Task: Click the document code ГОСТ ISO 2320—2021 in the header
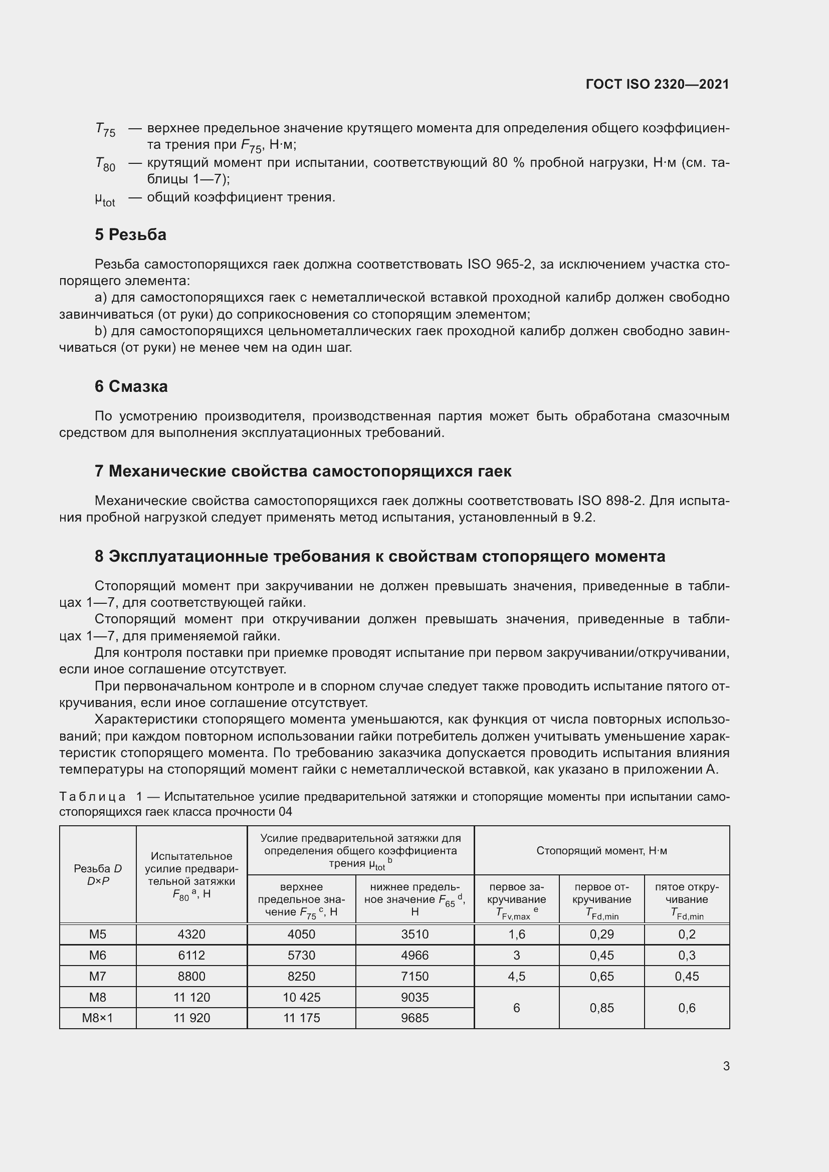pyautogui.click(x=658, y=84)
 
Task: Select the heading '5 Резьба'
pyautogui.click(x=130, y=235)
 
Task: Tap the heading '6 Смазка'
pyautogui.click(x=131, y=386)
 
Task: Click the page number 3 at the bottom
pyautogui.click(x=726, y=1066)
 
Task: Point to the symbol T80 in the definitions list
pyautogui.click(x=105, y=164)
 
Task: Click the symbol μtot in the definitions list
pyautogui.click(x=105, y=199)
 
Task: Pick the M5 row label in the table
pyautogui.click(x=98, y=934)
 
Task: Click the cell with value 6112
pyautogui.click(x=191, y=955)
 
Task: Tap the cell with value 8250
pyautogui.click(x=301, y=976)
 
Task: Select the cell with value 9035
pyautogui.click(x=414, y=997)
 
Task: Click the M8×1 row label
pyautogui.click(x=98, y=1018)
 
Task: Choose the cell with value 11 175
pyautogui.click(x=301, y=1018)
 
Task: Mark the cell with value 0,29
pyautogui.click(x=601, y=934)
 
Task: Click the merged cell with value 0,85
pyautogui.click(x=601, y=1008)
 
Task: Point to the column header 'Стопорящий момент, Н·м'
pyautogui.click(x=601, y=850)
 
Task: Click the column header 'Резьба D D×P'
pyautogui.click(x=98, y=874)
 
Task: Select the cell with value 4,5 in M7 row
pyautogui.click(x=516, y=976)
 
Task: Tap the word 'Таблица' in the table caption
pyautogui.click(x=92, y=797)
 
